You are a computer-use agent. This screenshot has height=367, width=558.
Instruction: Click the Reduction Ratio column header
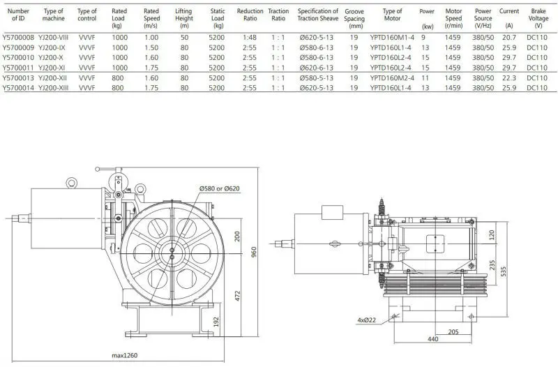coord(250,15)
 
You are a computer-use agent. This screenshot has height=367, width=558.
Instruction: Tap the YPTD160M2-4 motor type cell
coord(392,80)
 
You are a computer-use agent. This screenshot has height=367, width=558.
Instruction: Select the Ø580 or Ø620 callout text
coord(219,189)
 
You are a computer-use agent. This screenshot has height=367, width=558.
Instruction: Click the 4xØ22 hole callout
coord(367,320)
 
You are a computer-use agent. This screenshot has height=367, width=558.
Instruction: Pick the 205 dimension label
coord(453,332)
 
